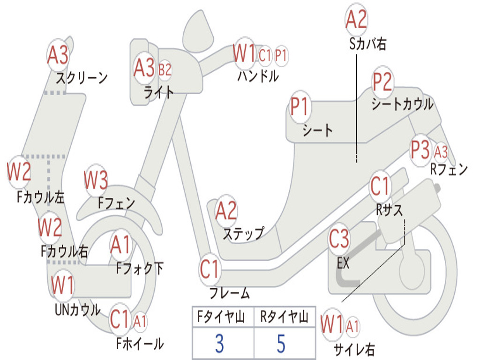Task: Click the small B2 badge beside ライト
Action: [x=165, y=70]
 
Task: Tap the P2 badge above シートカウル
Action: [x=382, y=82]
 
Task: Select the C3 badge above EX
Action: [x=338, y=239]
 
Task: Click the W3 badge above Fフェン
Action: [x=96, y=180]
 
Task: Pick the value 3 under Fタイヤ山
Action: [x=219, y=344]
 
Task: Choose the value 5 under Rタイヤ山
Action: [x=281, y=344]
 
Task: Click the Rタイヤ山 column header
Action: [x=284, y=318]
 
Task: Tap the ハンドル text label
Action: [x=258, y=76]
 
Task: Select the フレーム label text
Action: [x=230, y=294]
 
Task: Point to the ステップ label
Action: [x=243, y=233]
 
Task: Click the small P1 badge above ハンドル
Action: [x=281, y=55]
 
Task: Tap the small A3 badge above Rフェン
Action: [x=441, y=151]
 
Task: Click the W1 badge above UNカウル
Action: [x=63, y=285]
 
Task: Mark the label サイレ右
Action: [x=354, y=349]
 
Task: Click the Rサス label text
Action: [x=389, y=210]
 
